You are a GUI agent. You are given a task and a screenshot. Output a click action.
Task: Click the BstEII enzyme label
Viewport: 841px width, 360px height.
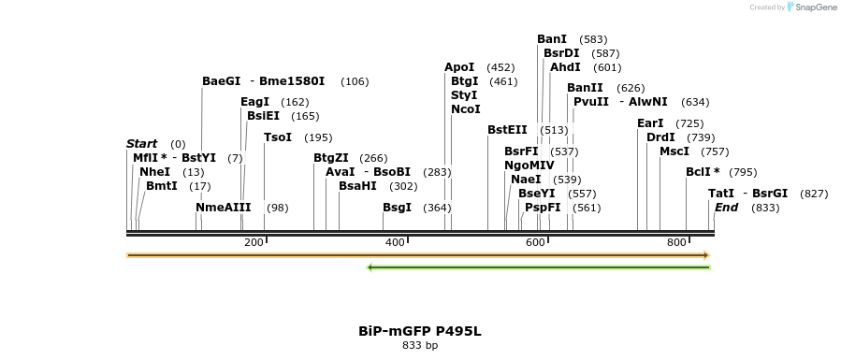coord(507,130)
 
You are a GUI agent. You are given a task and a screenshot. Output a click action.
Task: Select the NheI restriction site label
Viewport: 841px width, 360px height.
coord(154,172)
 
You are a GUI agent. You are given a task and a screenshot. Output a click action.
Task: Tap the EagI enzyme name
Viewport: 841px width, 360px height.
coord(254,102)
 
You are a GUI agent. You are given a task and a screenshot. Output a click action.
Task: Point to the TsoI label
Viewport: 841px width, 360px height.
coord(278,137)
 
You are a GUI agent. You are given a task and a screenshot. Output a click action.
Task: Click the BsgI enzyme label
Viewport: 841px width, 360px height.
coord(397,208)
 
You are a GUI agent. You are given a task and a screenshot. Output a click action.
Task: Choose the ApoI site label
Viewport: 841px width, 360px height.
coord(459,67)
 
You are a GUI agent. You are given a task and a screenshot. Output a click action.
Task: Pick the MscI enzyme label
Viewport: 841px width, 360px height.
coord(674,151)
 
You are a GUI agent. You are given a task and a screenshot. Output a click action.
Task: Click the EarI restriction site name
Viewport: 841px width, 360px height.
coord(650,123)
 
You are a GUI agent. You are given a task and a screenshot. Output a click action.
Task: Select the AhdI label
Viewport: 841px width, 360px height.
coord(565,67)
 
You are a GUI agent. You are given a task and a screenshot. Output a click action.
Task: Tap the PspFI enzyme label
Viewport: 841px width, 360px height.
coord(543,208)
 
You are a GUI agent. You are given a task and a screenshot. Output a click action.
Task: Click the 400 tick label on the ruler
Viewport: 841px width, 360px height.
coord(394,243)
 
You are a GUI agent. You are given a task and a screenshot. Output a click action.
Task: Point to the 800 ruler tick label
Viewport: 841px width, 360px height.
coord(676,243)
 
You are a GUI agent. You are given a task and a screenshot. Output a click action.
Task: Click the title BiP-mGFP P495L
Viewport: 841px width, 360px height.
coord(420,331)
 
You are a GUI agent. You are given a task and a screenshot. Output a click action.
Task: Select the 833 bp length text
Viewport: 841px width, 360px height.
coord(420,346)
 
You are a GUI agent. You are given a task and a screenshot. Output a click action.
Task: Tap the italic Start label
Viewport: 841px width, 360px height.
coord(141,144)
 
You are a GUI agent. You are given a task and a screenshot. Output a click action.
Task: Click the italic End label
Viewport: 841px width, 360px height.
coord(727,208)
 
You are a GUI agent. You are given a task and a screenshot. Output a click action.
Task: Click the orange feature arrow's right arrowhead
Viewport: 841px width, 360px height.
coord(706,255)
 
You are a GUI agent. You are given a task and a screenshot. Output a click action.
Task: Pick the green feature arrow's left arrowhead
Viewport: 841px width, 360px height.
coord(370,267)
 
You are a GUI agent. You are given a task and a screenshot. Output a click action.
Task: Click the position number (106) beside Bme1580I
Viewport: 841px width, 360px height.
coord(355,81)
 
